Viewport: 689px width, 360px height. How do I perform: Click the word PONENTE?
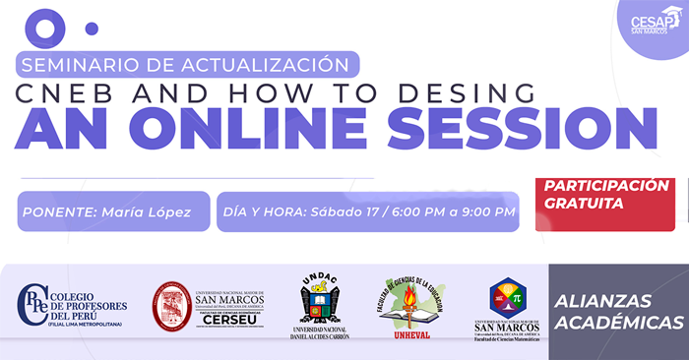click(x=61, y=211)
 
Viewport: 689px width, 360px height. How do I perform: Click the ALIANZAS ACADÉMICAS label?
click(x=617, y=311)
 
